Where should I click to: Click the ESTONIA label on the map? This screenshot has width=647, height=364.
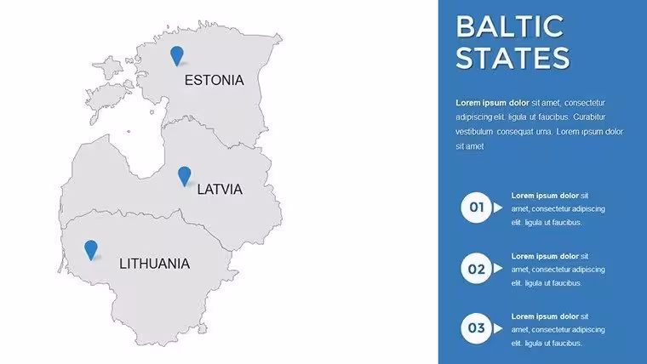pyautogui.click(x=214, y=80)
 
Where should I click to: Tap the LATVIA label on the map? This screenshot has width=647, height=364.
pyautogui.click(x=220, y=189)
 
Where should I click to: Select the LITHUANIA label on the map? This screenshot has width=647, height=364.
pyautogui.click(x=154, y=264)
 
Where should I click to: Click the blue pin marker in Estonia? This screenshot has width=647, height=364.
pyautogui.click(x=177, y=56)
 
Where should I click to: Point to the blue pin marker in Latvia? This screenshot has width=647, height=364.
pyautogui.click(x=185, y=176)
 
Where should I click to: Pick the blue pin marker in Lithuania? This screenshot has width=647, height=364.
pyautogui.click(x=91, y=250)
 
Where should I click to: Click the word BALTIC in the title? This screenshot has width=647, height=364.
pyautogui.click(x=510, y=27)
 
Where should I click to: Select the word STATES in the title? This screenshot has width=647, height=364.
pyautogui.click(x=512, y=58)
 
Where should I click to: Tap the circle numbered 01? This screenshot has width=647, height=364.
pyautogui.click(x=476, y=208)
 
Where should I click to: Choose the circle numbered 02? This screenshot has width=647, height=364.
pyautogui.click(x=476, y=269)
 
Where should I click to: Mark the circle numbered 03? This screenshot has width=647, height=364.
pyautogui.click(x=476, y=328)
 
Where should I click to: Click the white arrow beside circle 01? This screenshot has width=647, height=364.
pyautogui.click(x=498, y=208)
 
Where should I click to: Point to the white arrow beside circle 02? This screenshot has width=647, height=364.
pyautogui.click(x=498, y=269)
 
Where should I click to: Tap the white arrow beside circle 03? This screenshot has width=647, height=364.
pyautogui.click(x=498, y=328)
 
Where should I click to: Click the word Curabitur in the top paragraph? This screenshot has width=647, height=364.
pyautogui.click(x=589, y=117)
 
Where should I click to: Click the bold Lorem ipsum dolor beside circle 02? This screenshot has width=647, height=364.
pyautogui.click(x=545, y=256)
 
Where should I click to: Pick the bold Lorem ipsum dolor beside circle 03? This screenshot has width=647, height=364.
pyautogui.click(x=545, y=316)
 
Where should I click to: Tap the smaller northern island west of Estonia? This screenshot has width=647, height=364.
pyautogui.click(x=108, y=67)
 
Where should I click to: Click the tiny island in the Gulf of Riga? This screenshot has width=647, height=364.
pyautogui.click(x=129, y=132)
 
